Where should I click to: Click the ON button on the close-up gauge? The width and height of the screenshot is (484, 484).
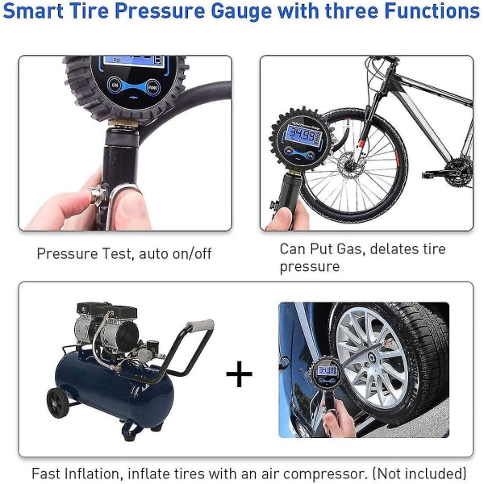pyautogui.click(x=115, y=85)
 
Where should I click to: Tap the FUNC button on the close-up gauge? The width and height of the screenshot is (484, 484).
pyautogui.click(x=152, y=87)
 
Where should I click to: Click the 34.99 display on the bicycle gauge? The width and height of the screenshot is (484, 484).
pyautogui.click(x=302, y=135)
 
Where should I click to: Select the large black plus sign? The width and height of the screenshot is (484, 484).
pyautogui.click(x=240, y=373)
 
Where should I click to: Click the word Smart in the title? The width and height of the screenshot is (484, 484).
pyautogui.click(x=33, y=10)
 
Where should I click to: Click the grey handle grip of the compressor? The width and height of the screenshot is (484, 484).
pyautogui.click(x=200, y=325)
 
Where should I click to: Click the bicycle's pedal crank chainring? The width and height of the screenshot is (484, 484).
pyautogui.click(x=459, y=171)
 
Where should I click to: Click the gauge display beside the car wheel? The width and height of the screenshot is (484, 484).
pyautogui.click(x=328, y=369)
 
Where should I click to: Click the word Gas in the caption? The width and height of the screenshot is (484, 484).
pyautogui.click(x=350, y=248)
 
